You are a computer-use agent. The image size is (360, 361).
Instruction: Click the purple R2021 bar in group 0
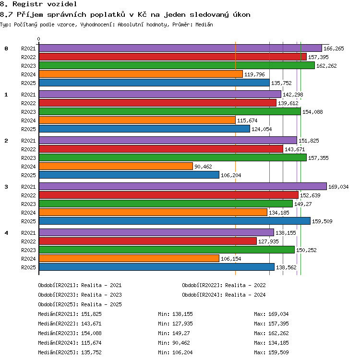(180, 48)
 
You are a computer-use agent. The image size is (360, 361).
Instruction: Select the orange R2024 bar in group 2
(116, 166)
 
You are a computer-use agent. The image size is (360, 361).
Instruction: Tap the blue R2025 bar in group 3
(175, 221)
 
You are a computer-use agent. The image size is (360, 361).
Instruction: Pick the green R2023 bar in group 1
(170, 112)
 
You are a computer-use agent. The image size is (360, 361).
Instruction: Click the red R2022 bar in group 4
(148, 241)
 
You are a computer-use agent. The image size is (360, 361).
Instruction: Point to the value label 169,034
(338, 187)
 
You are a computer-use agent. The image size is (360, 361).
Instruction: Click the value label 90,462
(203, 167)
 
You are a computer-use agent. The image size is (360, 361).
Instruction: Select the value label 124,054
(262, 129)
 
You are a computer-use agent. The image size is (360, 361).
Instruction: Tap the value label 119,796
(254, 74)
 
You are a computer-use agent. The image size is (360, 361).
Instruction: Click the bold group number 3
(6, 187)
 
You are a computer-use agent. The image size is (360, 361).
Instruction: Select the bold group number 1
(6, 95)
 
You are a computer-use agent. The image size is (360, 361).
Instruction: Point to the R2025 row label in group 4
(28, 267)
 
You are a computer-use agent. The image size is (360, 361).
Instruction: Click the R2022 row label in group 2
(28, 149)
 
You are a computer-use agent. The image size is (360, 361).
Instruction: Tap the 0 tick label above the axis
(39, 39)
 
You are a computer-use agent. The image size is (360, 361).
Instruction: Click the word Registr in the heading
(28, 4)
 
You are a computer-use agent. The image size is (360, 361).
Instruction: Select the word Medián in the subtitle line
(204, 24)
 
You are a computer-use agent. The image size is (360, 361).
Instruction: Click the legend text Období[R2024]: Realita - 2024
(224, 295)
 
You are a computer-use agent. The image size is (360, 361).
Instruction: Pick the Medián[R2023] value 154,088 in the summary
(91, 333)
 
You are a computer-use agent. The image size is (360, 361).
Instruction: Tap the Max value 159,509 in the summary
(278, 352)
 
